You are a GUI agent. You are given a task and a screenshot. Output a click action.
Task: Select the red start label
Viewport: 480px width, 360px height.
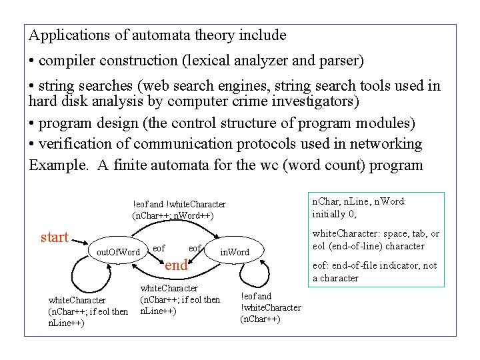click(55, 238)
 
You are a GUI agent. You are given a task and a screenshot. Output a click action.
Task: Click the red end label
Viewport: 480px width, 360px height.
click(176, 265)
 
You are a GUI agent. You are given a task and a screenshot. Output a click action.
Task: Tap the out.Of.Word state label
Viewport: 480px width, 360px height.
click(118, 252)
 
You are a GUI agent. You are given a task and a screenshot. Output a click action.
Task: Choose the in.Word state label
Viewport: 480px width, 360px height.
click(235, 252)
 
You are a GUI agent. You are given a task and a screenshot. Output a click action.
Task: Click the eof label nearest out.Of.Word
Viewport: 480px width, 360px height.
click(159, 248)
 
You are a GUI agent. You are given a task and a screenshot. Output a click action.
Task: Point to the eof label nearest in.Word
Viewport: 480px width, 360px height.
click(195, 248)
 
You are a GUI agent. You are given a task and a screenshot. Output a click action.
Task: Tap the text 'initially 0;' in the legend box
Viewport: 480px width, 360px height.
click(335, 213)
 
